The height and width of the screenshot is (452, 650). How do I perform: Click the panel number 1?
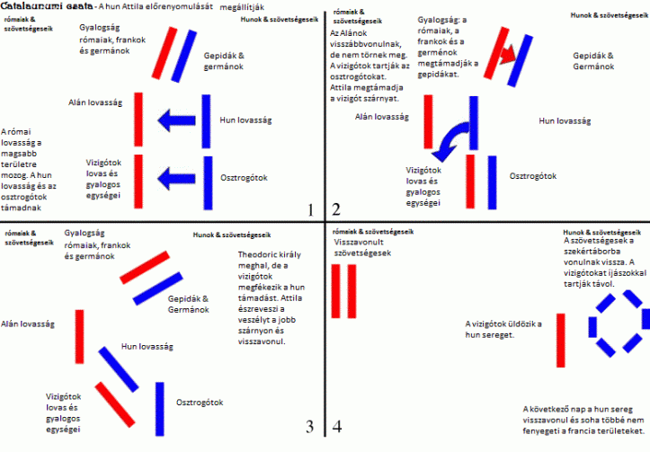coord(309,211)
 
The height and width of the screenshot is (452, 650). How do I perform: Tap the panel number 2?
coord(336,211)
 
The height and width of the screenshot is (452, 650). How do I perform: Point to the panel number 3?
coord(309,426)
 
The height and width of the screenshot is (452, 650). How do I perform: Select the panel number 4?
coord(336,426)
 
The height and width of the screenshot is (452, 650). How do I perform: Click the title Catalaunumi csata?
coord(37,6)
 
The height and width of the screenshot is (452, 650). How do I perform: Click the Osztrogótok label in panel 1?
coord(245,178)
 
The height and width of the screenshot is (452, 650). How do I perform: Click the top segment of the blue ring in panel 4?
coord(617,298)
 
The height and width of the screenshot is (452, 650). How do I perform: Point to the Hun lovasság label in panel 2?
coord(565,120)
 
